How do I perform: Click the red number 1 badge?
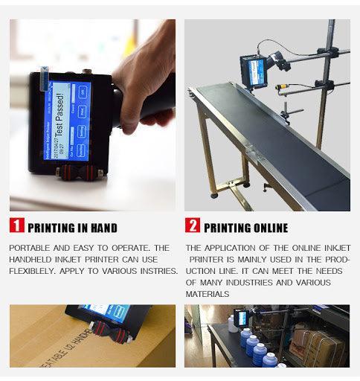click(17, 226)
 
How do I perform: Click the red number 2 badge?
click(193, 226)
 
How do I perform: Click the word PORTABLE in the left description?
click(32, 248)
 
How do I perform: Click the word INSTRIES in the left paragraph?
click(155, 270)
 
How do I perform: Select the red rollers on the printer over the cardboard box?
click(107, 336)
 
